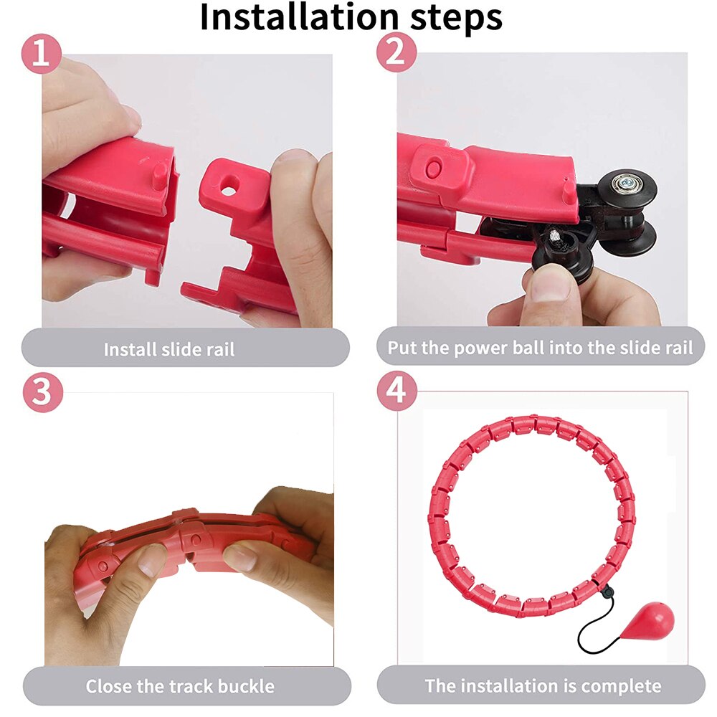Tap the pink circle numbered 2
point(396,53)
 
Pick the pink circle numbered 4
point(396,391)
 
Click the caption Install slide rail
point(169,350)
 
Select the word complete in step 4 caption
point(621,685)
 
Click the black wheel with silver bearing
point(627,188)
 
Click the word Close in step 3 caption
point(109,686)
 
